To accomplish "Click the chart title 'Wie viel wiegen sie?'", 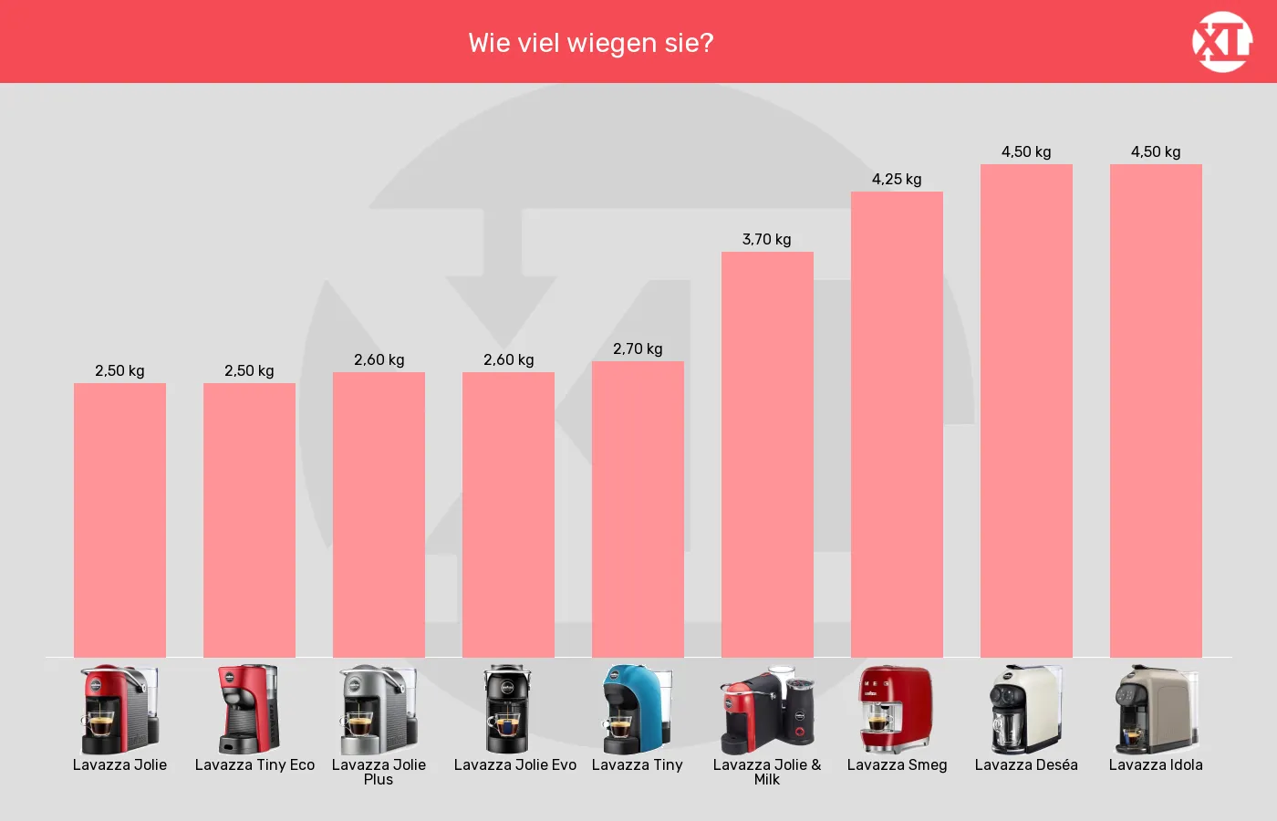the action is (591, 44).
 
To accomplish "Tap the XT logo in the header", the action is (1221, 42).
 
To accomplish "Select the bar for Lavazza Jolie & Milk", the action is (767, 455).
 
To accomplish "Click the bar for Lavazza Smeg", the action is (897, 425).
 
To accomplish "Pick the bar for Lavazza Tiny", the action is (638, 510).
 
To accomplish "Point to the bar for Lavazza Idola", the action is (1156, 411).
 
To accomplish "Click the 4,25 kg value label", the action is (897, 180).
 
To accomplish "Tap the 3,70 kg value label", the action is (767, 239).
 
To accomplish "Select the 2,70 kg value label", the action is (638, 348).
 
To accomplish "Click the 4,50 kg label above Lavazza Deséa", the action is (1026, 152).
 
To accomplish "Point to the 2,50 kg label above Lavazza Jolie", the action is (119, 371).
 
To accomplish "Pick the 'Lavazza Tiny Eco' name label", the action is (254, 765).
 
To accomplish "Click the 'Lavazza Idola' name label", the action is (1156, 765).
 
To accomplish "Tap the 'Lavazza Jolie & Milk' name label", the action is (767, 772).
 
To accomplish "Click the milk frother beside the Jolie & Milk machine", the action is (799, 712).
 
